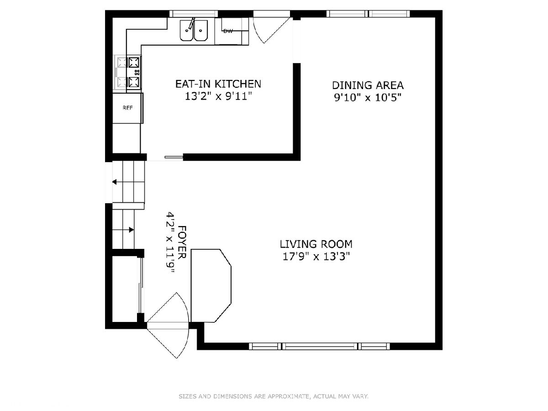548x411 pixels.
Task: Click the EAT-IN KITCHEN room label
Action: tap(218, 84)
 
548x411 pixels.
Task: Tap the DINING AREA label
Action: tap(368, 85)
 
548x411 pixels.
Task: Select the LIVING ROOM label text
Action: tap(316, 244)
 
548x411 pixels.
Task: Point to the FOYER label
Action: tap(182, 242)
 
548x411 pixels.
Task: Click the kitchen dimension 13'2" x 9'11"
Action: tap(218, 96)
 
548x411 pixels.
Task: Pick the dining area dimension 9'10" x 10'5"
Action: tap(368, 98)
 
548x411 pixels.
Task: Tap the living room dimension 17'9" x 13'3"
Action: tap(316, 256)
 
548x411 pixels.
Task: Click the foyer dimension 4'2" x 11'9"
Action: tap(170, 242)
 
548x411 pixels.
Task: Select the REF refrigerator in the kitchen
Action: tap(128, 108)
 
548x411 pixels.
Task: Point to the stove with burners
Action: tap(128, 72)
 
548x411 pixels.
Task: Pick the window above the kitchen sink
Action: tap(194, 14)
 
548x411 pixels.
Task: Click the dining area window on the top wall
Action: tap(368, 14)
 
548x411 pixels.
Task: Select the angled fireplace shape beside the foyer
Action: tap(211, 285)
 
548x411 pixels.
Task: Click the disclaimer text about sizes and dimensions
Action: tap(274, 396)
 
